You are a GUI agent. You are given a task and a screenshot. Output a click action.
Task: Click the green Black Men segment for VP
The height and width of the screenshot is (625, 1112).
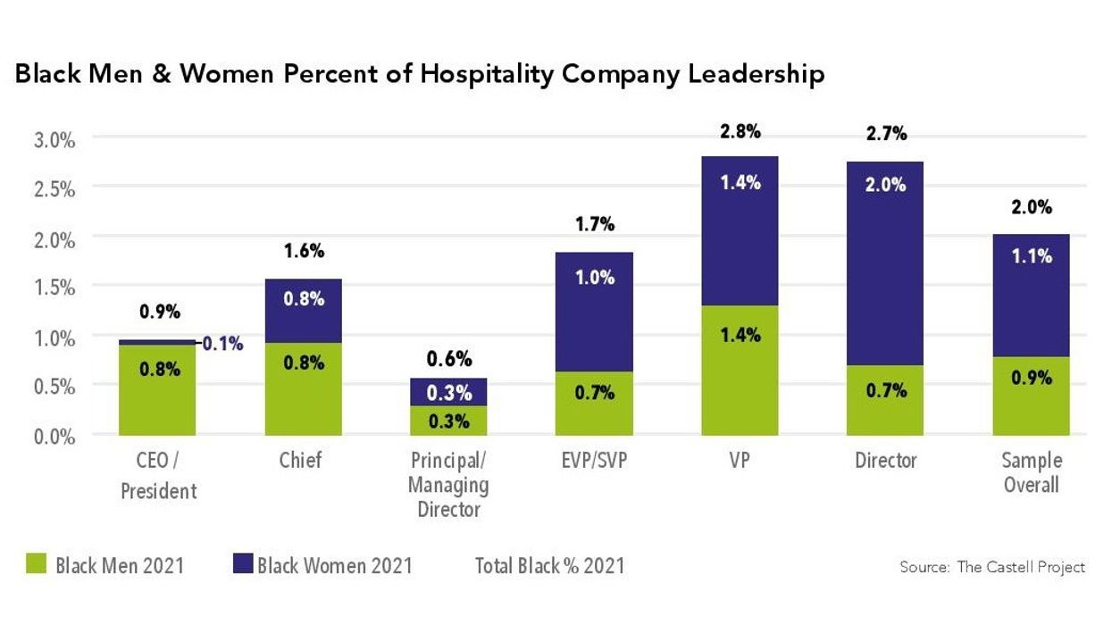click(740, 371)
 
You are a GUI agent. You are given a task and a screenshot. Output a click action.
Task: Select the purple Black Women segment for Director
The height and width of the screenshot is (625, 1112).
click(885, 263)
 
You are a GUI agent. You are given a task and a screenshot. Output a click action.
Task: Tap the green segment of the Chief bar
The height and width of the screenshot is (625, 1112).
click(304, 389)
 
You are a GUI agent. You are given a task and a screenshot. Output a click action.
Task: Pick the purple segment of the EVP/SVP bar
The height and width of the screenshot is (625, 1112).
click(595, 312)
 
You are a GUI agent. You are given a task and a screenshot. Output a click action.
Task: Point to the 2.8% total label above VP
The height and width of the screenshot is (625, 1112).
click(740, 132)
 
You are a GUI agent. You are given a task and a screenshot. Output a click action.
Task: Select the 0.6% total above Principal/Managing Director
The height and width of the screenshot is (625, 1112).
click(449, 360)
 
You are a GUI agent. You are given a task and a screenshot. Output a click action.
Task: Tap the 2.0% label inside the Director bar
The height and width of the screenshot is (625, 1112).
click(885, 185)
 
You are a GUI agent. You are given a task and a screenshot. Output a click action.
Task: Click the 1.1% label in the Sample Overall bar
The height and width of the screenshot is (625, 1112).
click(1031, 256)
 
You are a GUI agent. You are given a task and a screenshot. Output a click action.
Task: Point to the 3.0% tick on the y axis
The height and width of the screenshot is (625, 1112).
click(55, 140)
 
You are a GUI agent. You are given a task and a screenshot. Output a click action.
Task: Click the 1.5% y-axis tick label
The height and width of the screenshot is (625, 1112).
click(55, 287)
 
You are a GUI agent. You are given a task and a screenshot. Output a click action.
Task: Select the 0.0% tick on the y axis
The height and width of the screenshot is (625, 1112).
click(55, 436)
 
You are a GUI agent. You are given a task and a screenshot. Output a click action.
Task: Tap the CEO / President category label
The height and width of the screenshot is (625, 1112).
click(157, 476)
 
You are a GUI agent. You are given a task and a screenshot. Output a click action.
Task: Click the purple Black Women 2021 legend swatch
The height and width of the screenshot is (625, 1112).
click(243, 564)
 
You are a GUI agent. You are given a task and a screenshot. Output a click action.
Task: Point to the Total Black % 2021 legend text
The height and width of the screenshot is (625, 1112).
click(549, 565)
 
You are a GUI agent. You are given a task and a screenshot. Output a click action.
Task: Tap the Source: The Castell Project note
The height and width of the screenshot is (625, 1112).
click(992, 567)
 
